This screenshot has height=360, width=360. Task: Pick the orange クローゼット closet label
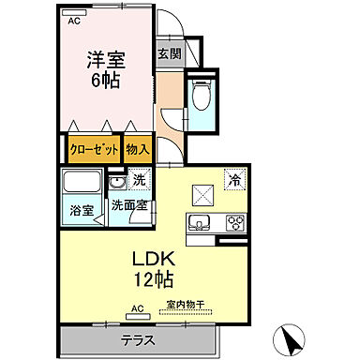pos(94,148)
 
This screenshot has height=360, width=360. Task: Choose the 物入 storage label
pos(138,148)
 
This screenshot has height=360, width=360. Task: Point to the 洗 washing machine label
pos(139,180)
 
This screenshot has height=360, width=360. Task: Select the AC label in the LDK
pos(137,307)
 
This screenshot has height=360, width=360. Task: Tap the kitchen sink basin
pos(201,223)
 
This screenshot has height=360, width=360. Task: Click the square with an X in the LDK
pos(203,194)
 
